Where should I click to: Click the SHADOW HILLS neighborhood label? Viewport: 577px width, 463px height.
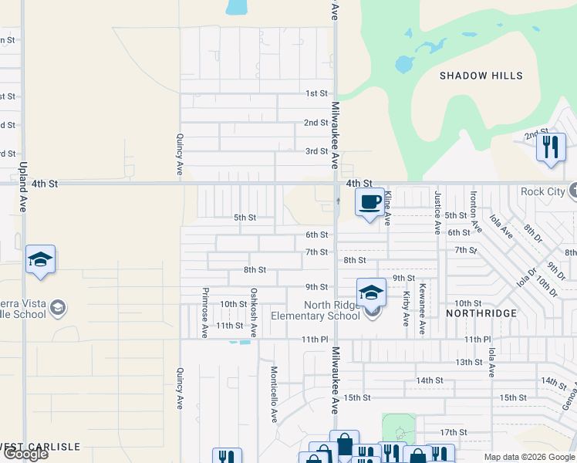point(481,76)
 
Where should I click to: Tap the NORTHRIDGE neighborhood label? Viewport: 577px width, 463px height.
point(481,313)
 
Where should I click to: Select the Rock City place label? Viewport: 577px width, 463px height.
point(543,191)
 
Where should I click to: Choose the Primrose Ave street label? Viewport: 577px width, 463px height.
point(205,313)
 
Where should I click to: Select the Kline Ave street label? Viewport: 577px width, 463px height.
point(388,208)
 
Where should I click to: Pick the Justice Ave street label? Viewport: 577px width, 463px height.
point(437,212)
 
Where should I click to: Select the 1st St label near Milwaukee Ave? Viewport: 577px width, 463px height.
point(316,93)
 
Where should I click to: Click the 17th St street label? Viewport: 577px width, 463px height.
point(453,432)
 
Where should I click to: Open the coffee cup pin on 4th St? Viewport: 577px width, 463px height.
point(369,202)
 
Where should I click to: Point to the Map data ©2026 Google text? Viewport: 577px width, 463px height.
point(528,457)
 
